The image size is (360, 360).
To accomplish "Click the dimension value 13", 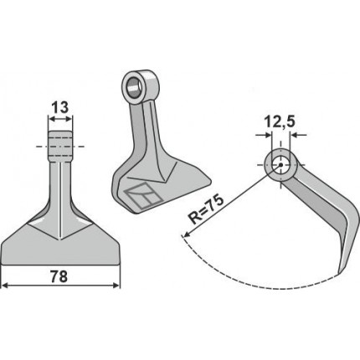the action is point(60,107).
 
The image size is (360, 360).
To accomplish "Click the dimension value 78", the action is point(59,276).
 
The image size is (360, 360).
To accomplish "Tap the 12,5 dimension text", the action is point(280,122).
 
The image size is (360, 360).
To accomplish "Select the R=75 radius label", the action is point(206,209).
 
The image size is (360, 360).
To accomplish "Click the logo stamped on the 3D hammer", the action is point(142,196).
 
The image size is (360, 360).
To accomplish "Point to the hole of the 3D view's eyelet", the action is point(135,86).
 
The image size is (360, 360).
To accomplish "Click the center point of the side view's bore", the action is point(280,165).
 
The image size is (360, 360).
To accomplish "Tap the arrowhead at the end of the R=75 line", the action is point(186,234).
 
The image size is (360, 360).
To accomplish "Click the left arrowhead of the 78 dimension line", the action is point(5,285).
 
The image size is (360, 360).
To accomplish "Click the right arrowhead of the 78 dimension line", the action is point(116,285).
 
